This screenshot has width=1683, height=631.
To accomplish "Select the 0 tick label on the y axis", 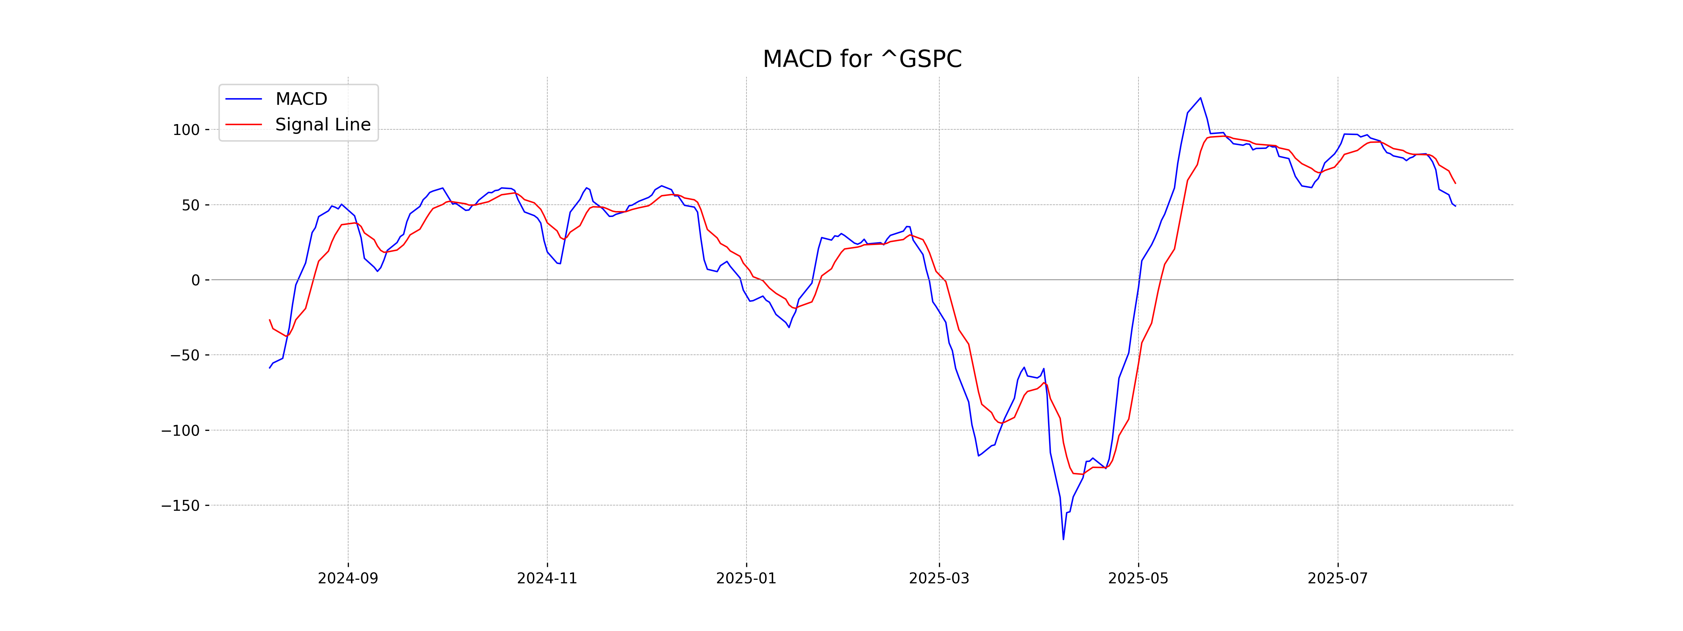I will click(x=195, y=280).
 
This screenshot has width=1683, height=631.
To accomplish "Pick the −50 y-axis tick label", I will click(x=185, y=355).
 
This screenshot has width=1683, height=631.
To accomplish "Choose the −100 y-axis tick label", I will click(x=180, y=430).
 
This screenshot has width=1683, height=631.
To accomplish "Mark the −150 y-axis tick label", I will click(x=180, y=506).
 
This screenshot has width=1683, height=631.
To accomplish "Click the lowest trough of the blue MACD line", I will click(x=1063, y=539).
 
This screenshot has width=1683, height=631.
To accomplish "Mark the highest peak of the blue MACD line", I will click(x=1200, y=98).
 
